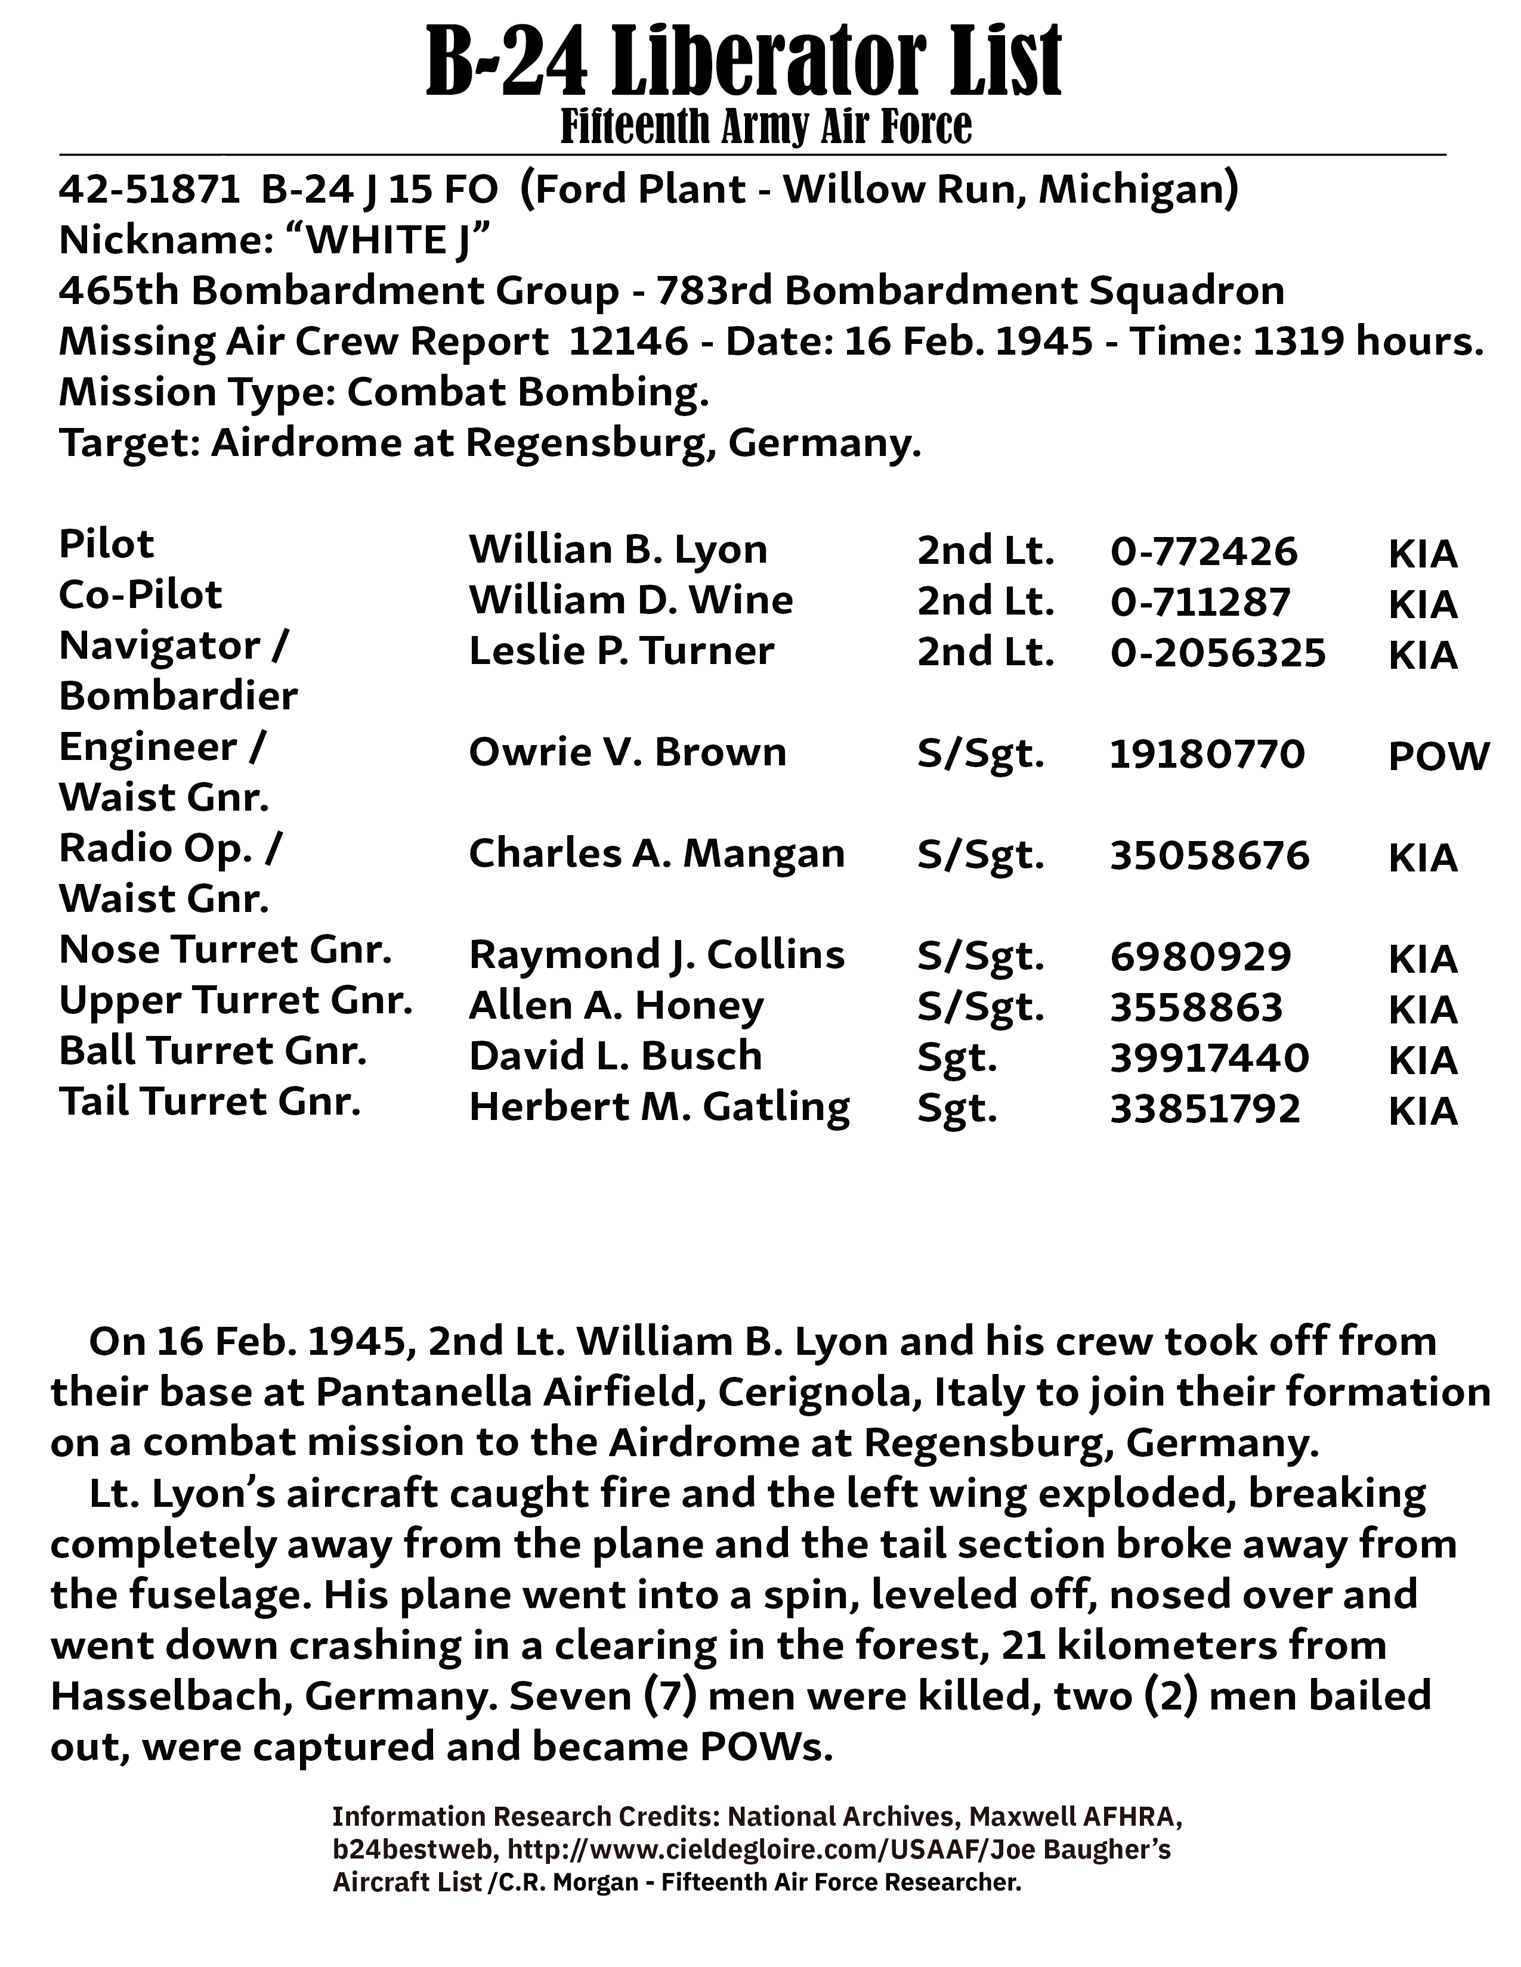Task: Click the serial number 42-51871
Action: (150, 190)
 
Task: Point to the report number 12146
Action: (628, 342)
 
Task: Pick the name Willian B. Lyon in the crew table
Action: (618, 550)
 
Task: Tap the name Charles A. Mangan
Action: (656, 853)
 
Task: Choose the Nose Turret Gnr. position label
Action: (225, 950)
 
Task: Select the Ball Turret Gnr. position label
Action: (213, 1050)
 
